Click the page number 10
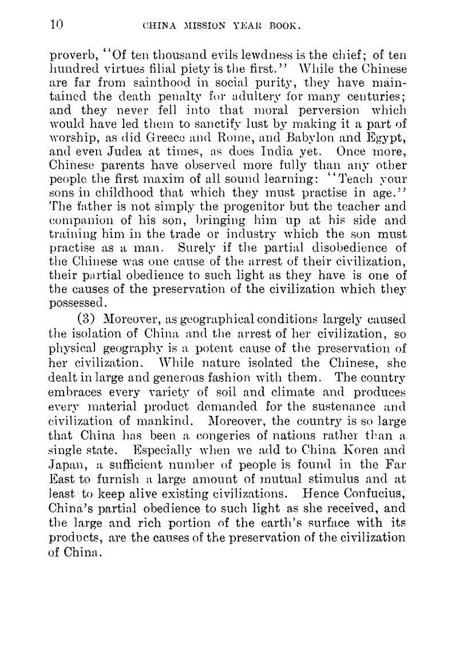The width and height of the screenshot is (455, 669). coord(56,25)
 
